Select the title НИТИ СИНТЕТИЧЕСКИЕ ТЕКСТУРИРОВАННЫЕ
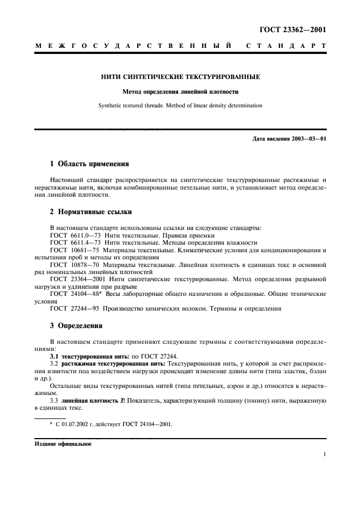point(180,77)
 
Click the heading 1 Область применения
point(89,163)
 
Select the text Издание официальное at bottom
point(63,444)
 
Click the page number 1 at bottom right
point(324,453)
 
